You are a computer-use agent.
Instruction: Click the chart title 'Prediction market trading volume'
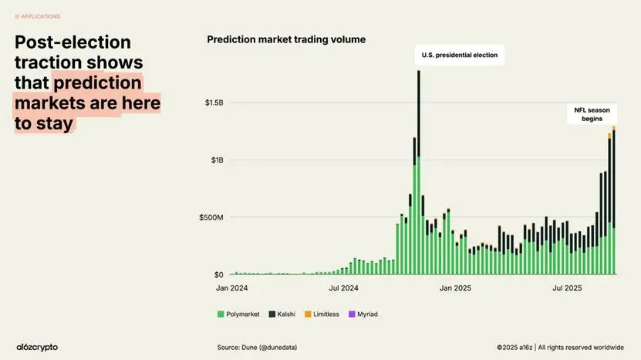pos(286,39)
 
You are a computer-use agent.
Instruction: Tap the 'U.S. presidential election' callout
pos(460,56)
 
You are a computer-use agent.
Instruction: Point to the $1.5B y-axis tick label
pos(214,103)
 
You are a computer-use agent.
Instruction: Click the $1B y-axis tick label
pos(216,160)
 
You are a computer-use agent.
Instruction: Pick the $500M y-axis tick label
pos(211,217)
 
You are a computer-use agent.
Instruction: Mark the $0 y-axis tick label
pos(218,274)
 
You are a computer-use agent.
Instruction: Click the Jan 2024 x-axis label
pos(231,288)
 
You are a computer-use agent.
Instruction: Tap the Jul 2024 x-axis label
pos(344,288)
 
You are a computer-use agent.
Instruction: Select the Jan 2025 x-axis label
pos(455,288)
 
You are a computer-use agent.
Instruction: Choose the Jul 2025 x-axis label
pos(567,288)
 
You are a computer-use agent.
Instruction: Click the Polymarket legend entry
pos(239,314)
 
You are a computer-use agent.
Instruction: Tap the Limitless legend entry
pos(321,314)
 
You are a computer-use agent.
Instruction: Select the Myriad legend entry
pos(363,314)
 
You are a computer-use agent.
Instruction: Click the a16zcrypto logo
pos(37,347)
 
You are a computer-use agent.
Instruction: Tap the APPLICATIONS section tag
pos(38,16)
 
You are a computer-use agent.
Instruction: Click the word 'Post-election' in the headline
pos(73,42)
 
